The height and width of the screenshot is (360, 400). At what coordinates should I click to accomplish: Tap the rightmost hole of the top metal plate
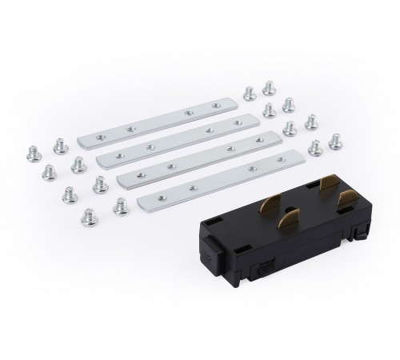214,106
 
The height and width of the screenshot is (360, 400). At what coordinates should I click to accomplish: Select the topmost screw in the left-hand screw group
58,142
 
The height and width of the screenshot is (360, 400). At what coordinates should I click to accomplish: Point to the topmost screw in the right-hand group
269,86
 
